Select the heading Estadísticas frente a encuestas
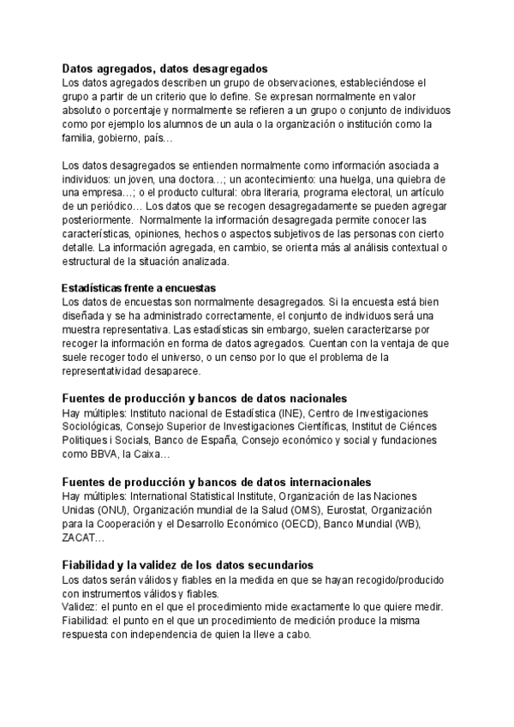[x=139, y=287]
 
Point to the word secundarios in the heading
[x=273, y=565]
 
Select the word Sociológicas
[x=93, y=427]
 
